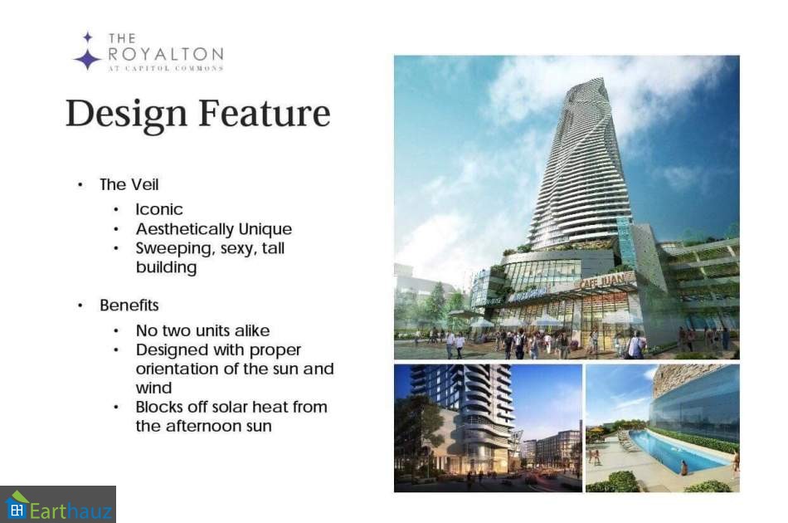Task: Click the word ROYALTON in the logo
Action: (166, 54)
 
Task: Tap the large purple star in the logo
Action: (88, 59)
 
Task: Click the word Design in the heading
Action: (127, 115)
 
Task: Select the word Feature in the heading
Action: (265, 113)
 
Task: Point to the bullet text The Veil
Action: (129, 184)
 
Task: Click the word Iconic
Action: (158, 209)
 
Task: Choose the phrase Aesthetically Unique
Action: (213, 229)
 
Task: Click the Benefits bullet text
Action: (129, 305)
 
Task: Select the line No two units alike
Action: (202, 330)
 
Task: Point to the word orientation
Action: (178, 369)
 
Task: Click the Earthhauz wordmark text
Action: (71, 511)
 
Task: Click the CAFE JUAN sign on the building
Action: (602, 281)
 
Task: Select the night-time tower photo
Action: (488, 428)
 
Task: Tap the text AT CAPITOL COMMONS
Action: (166, 68)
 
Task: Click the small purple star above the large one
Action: (88, 37)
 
